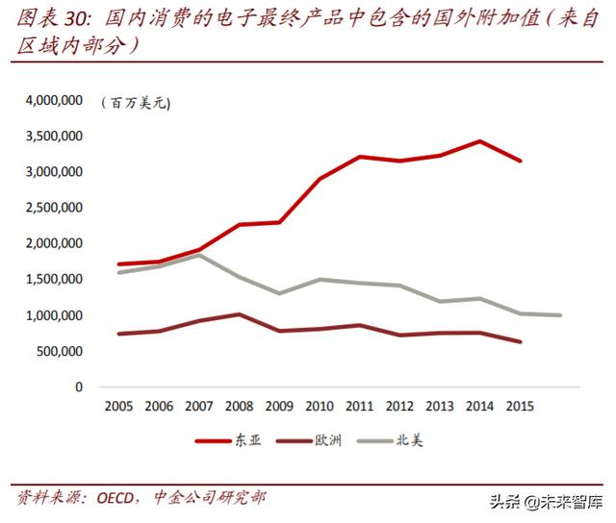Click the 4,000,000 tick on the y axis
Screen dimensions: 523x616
(56, 100)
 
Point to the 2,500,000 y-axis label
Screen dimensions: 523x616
(56, 208)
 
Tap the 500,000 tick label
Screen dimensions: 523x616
(62, 351)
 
